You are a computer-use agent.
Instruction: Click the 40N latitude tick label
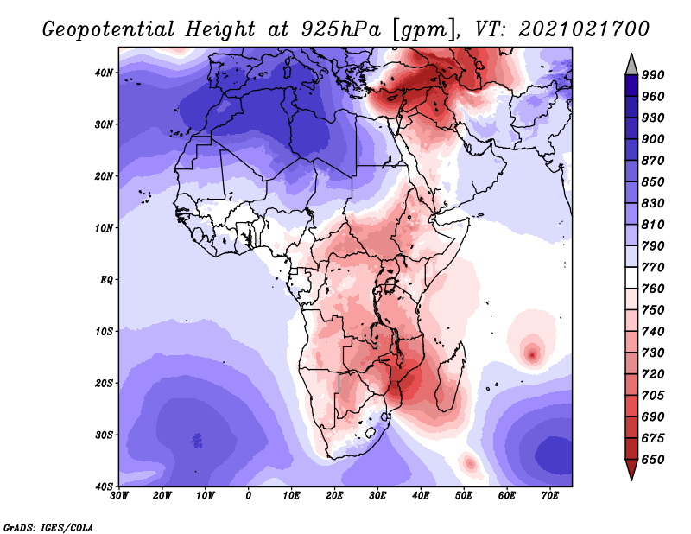point(104,73)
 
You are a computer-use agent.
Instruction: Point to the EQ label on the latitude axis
point(106,280)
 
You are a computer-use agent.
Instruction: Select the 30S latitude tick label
point(104,435)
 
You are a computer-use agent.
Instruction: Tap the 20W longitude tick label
point(162,496)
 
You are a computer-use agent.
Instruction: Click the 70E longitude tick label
point(550,496)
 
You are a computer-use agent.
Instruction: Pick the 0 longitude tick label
point(249,496)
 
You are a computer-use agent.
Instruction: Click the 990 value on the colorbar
point(653,75)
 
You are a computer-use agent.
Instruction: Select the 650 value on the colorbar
point(653,460)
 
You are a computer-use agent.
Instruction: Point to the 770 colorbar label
point(653,267)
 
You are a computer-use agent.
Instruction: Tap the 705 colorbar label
point(653,396)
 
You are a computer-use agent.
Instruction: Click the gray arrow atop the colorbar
point(631,66)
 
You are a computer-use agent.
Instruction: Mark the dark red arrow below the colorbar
point(631,468)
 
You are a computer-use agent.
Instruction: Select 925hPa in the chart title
point(340,29)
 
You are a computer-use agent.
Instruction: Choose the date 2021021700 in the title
point(584,29)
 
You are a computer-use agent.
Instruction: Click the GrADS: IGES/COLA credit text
point(48,528)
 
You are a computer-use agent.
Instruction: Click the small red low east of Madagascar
point(532,354)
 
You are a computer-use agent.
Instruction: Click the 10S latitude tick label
point(104,331)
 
